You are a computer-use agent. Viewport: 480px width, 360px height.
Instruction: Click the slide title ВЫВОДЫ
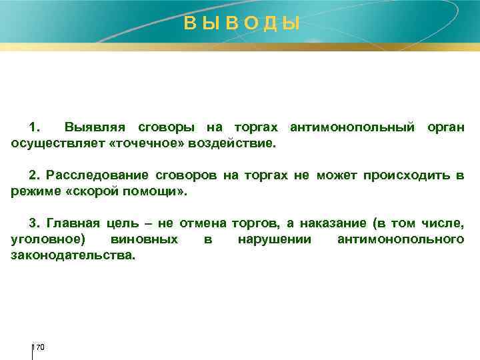[x=242, y=24]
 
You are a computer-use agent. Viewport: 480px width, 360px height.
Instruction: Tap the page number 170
[x=39, y=347]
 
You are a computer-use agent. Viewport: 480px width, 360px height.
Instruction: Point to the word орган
[x=443, y=127]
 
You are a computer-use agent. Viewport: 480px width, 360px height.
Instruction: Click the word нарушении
[x=274, y=239]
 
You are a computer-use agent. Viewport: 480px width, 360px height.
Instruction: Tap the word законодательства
[x=73, y=255]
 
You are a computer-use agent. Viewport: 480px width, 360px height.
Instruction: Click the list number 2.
[x=34, y=175]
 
